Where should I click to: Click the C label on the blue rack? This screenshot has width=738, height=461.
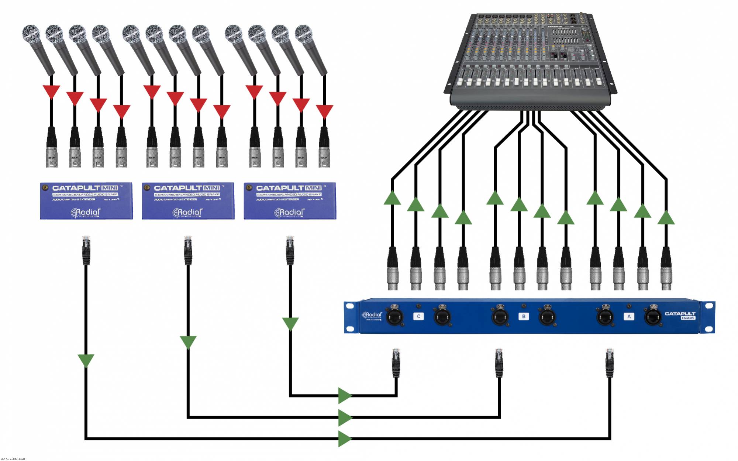[x=418, y=316]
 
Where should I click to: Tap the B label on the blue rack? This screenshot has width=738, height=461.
[x=523, y=316]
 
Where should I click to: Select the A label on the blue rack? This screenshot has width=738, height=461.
[x=629, y=316]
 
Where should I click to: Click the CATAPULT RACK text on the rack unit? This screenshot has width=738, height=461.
[x=680, y=315]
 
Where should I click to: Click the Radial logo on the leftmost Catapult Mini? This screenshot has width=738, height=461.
[x=86, y=212]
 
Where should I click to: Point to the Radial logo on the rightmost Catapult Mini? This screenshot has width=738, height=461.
[x=289, y=212]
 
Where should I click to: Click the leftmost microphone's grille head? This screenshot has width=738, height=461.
[x=31, y=34]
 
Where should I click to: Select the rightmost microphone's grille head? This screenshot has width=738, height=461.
[x=304, y=34]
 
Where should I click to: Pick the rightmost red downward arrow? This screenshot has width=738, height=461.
[x=324, y=111]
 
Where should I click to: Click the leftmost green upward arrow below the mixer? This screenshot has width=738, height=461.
[x=392, y=198]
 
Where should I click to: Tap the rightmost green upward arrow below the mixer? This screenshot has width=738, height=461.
[x=666, y=218]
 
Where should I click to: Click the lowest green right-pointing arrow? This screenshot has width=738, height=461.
[x=345, y=438]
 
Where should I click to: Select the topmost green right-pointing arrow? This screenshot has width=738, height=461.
[x=345, y=396]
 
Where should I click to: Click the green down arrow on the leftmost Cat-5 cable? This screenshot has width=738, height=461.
[x=86, y=360]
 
